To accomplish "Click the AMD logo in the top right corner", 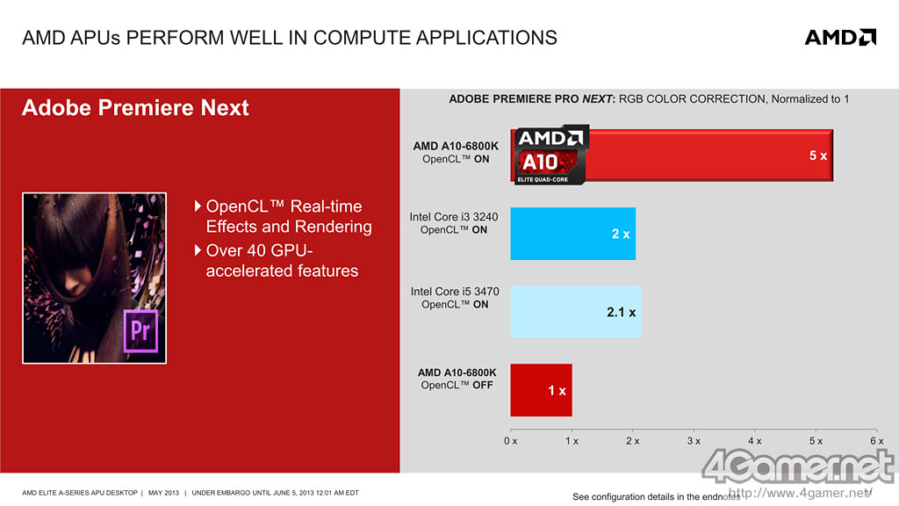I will [x=840, y=37].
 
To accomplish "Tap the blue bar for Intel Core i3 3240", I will [x=572, y=234].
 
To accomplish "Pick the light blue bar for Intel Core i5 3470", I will [x=576, y=312].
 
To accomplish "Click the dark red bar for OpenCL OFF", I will [x=541, y=390].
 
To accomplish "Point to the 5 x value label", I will [x=817, y=155].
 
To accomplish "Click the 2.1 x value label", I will [x=621, y=312].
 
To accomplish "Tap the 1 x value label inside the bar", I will [x=557, y=390].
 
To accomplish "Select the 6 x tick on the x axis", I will [x=876, y=440].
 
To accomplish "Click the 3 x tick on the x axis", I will [x=694, y=440].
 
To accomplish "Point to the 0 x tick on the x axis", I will [x=510, y=440].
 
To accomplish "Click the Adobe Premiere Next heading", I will [x=135, y=108].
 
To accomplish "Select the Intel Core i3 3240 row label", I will [x=454, y=223].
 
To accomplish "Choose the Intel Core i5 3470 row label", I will [x=455, y=298].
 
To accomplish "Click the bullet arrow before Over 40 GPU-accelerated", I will [x=198, y=249].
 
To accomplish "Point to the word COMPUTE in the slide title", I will [x=351, y=38].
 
